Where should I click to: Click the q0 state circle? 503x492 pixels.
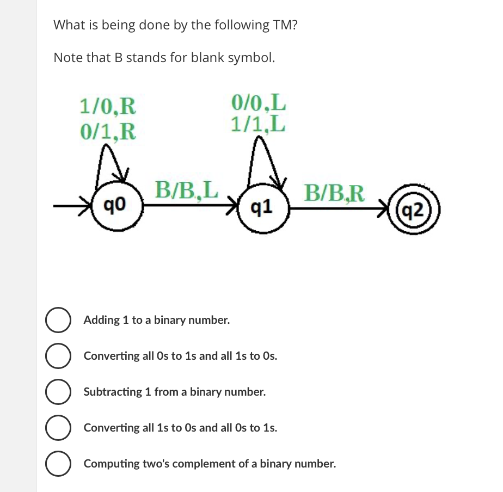pyautogui.click(x=117, y=206)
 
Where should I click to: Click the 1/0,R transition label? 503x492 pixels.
pyautogui.click(x=107, y=104)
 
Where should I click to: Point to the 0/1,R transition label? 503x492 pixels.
pyautogui.click(x=107, y=131)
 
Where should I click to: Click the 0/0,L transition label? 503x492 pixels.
pyautogui.click(x=258, y=102)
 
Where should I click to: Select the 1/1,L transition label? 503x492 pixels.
pyautogui.click(x=258, y=125)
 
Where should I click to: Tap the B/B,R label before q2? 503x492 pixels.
pyautogui.click(x=335, y=192)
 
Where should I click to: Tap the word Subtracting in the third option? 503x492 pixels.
pyautogui.click(x=112, y=392)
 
